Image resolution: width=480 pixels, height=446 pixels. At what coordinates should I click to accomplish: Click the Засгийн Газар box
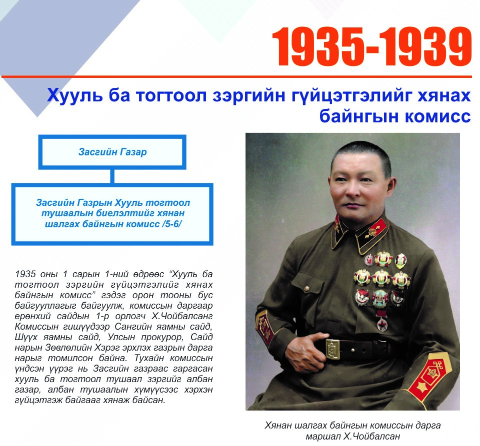point(112,152)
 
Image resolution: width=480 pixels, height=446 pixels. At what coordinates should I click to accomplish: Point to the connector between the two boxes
point(112,176)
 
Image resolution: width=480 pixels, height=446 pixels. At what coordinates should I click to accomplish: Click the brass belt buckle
point(333,349)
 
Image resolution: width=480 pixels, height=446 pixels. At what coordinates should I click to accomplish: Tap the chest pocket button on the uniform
point(306,288)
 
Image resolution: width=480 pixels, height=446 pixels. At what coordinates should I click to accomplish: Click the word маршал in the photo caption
point(323,437)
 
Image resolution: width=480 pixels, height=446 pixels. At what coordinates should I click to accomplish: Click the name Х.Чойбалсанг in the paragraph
point(182,316)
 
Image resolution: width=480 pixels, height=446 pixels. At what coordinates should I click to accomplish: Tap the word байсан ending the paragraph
point(149,400)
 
